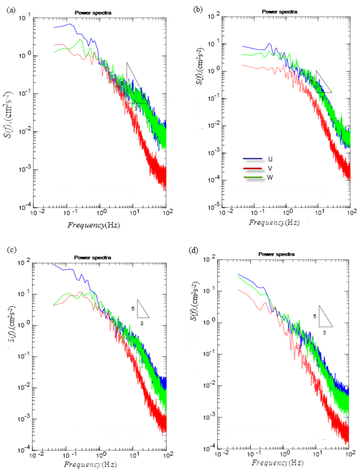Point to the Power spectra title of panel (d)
[277, 253]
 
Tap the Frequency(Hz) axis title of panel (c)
[94, 465]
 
